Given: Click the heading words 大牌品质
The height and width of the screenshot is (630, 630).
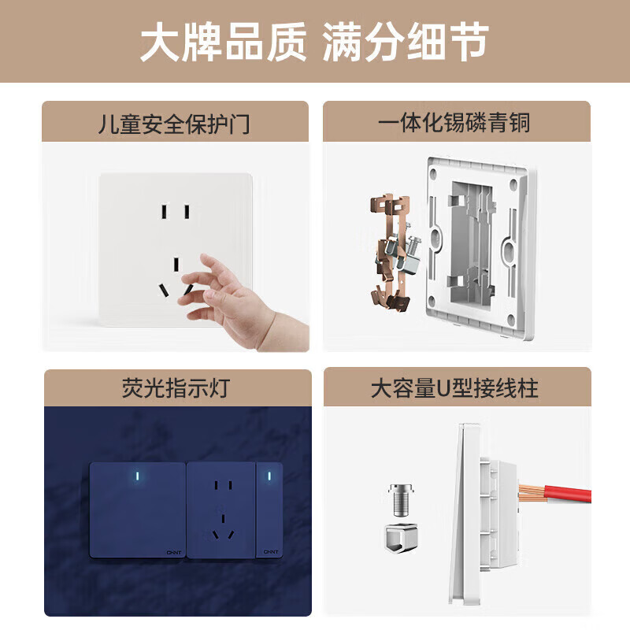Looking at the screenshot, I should tap(224, 43).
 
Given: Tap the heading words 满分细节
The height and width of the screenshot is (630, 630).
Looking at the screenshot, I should tap(406, 43).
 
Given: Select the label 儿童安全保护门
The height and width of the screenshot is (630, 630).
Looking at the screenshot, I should tap(175, 123).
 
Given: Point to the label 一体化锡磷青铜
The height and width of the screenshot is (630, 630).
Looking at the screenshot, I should tap(454, 123).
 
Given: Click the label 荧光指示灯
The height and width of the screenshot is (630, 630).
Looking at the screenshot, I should tap(177, 389).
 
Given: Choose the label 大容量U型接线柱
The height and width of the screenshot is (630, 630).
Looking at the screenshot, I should tap(455, 389).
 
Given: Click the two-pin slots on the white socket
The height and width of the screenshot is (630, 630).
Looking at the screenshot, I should tap(176, 212).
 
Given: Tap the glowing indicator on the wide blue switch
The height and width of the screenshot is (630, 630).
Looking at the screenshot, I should tap(139, 476).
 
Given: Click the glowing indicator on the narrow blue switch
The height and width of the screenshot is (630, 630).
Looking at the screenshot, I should tap(269, 476).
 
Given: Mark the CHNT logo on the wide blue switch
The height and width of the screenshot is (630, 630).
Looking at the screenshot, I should tap(174, 552).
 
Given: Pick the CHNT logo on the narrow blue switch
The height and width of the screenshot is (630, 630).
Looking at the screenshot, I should tap(270, 552).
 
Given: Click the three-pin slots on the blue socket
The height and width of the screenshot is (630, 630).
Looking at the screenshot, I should tap(222, 525).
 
